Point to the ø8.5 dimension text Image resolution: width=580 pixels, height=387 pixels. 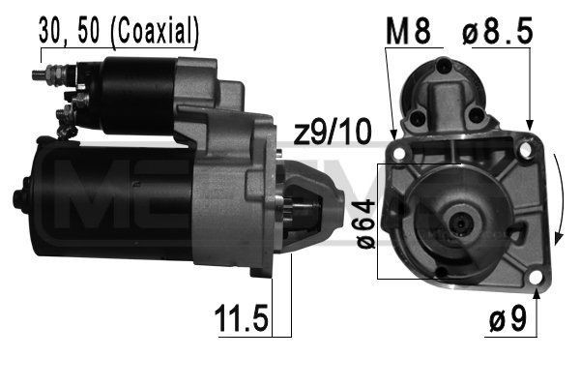(497, 31)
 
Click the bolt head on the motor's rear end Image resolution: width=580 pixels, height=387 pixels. (18, 200)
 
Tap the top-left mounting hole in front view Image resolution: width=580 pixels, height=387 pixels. (397, 152)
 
